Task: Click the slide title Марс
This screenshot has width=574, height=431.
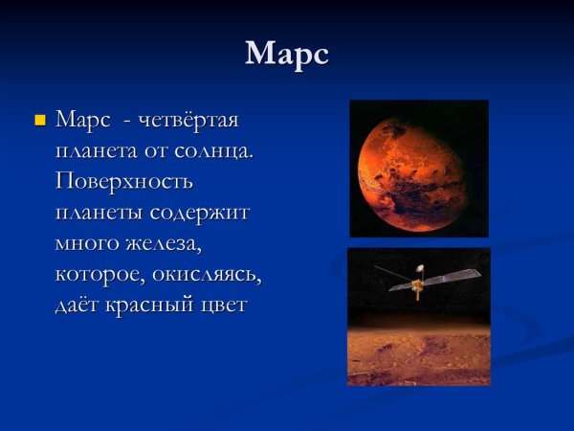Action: tap(287, 54)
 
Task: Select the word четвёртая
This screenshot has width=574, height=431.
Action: tap(188, 122)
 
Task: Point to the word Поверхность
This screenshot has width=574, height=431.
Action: tap(124, 183)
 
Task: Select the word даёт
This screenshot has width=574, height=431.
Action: tap(80, 306)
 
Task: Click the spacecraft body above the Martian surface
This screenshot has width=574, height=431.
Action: tap(418, 286)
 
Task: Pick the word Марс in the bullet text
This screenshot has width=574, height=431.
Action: tap(84, 122)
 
